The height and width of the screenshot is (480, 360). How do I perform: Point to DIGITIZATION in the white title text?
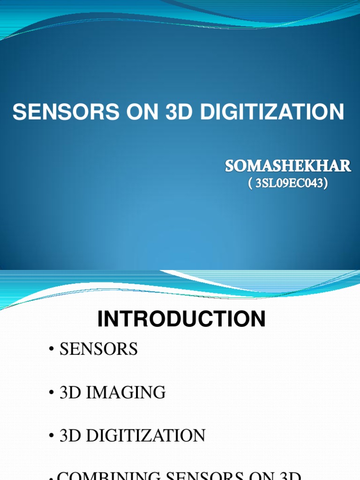point(272,112)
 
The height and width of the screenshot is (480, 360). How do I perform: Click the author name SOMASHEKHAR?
point(288,166)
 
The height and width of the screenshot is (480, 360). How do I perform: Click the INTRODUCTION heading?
point(181,320)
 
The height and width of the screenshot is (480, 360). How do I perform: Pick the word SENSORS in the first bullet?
point(99,349)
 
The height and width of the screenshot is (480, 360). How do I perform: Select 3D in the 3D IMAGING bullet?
point(69,392)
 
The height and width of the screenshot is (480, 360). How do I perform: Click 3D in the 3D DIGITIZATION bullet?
point(69,435)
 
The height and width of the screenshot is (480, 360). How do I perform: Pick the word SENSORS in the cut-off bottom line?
point(217,476)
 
